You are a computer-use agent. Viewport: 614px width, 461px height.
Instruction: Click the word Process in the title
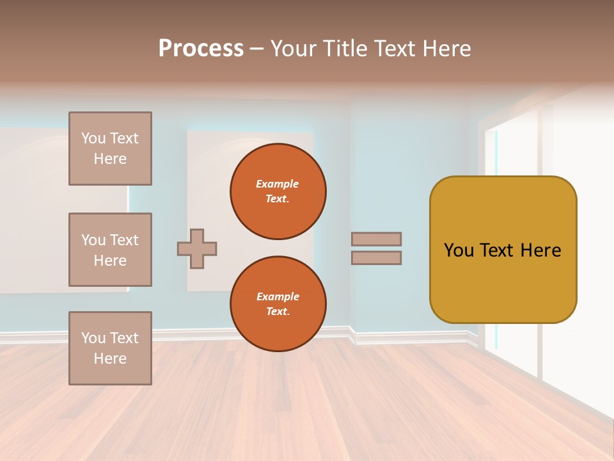pyautogui.click(x=201, y=49)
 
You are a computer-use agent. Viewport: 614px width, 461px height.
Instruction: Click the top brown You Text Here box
pyautogui.click(x=110, y=149)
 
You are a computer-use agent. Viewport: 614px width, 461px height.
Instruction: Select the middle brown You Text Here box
pyautogui.click(x=110, y=250)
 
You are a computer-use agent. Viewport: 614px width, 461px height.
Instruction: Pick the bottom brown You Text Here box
pyautogui.click(x=110, y=348)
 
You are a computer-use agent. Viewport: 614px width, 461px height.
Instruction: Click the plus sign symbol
pyautogui.click(x=197, y=248)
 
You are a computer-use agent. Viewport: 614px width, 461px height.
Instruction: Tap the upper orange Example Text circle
pyautogui.click(x=278, y=191)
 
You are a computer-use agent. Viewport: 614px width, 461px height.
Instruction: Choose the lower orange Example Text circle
pyautogui.click(x=278, y=304)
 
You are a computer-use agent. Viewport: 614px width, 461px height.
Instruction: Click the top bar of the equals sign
pyautogui.click(x=377, y=239)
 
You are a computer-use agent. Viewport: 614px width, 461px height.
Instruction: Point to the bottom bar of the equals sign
pyautogui.click(x=377, y=257)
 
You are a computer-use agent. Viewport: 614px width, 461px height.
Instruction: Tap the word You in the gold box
pyautogui.click(x=459, y=250)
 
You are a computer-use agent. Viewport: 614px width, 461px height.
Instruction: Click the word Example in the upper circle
pyautogui.click(x=278, y=184)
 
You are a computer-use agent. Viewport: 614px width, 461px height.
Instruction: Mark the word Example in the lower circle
pyautogui.click(x=278, y=296)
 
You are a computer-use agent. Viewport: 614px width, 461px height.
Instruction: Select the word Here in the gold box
pyautogui.click(x=540, y=250)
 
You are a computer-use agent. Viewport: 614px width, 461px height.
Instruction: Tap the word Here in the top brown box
pyautogui.click(x=110, y=159)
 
